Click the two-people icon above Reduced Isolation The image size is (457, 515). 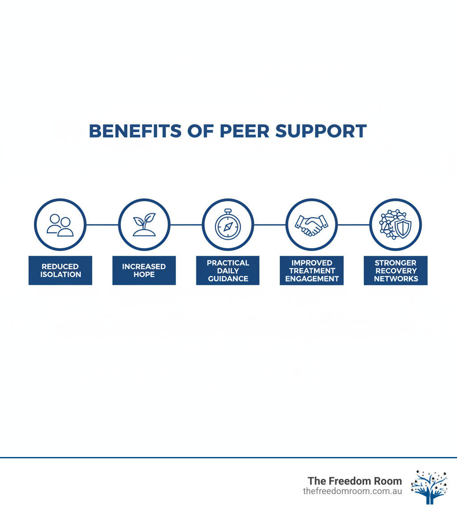(x=60, y=225)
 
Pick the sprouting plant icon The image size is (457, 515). (x=144, y=225)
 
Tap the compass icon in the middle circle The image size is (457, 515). (x=228, y=225)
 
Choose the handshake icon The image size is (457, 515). (x=312, y=225)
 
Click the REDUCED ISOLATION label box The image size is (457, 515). (x=60, y=270)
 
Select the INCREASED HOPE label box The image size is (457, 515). (x=144, y=270)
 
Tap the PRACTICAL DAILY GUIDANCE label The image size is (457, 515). (x=228, y=270)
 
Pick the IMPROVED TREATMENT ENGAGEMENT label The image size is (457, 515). (x=312, y=270)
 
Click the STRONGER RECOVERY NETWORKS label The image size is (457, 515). (x=396, y=270)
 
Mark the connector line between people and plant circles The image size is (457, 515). (x=102, y=225)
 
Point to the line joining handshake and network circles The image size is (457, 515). (x=353, y=225)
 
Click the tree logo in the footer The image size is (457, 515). (x=429, y=487)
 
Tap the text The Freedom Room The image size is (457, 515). (x=355, y=481)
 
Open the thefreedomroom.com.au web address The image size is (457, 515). (x=352, y=491)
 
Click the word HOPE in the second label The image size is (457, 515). (x=144, y=274)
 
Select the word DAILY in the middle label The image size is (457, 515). (x=228, y=271)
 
